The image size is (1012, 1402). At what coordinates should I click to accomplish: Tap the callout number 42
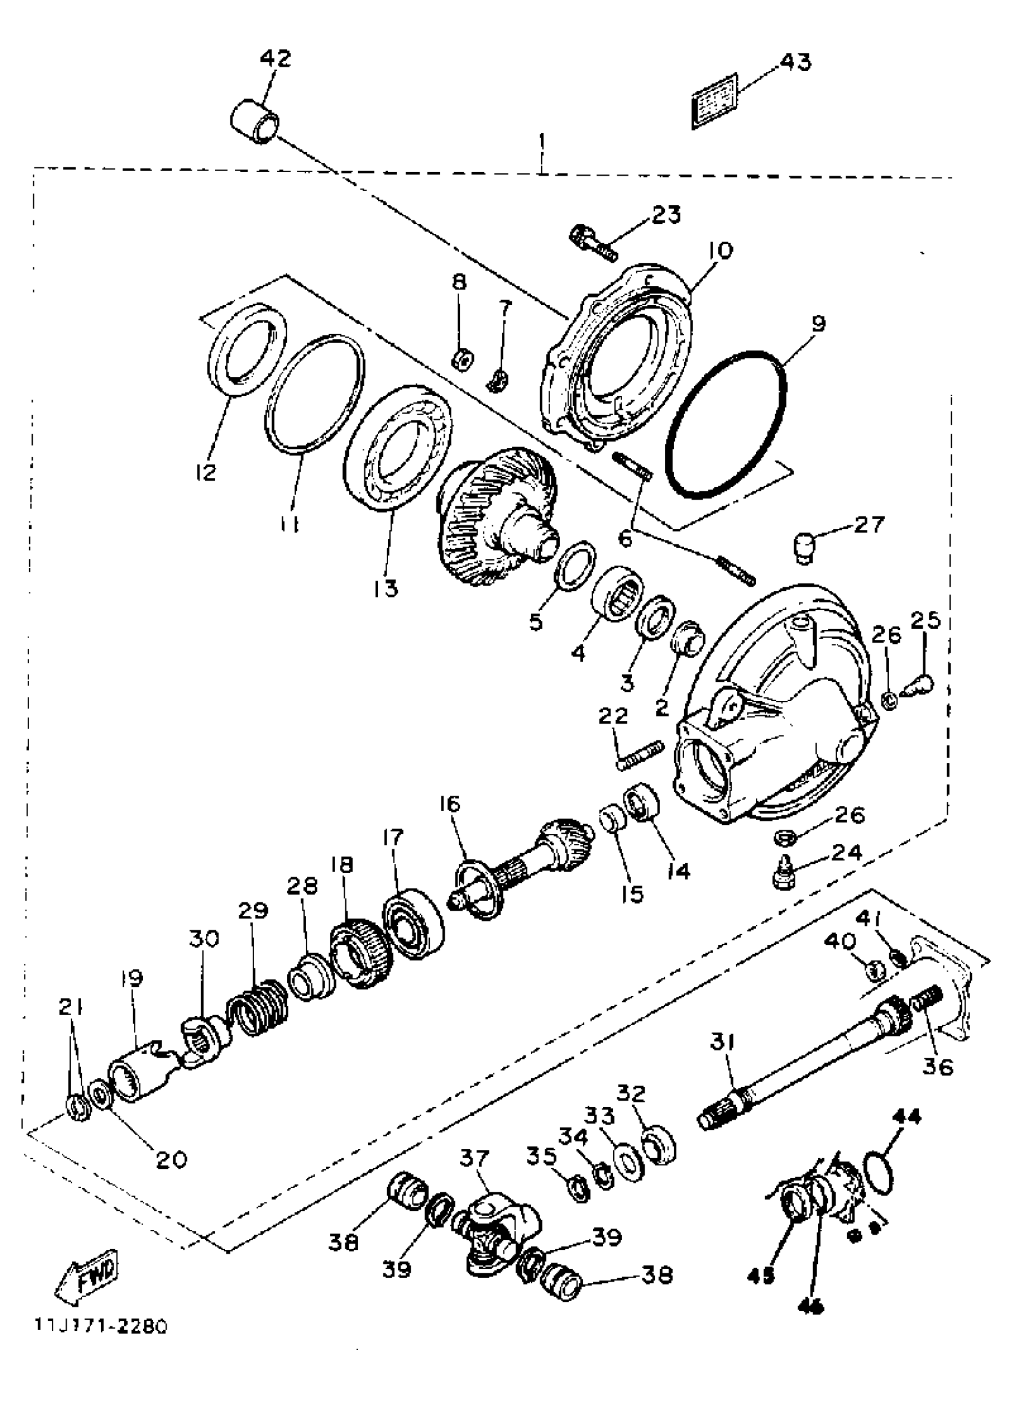pos(276,60)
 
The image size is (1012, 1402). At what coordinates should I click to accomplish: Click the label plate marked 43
pos(714,101)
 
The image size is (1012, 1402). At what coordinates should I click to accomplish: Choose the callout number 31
pos(721,1042)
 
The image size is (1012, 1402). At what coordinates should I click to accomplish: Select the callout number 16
pos(451,804)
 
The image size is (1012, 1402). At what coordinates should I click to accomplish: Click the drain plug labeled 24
pos(784,878)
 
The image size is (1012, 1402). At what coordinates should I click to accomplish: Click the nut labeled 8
pos(461,358)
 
